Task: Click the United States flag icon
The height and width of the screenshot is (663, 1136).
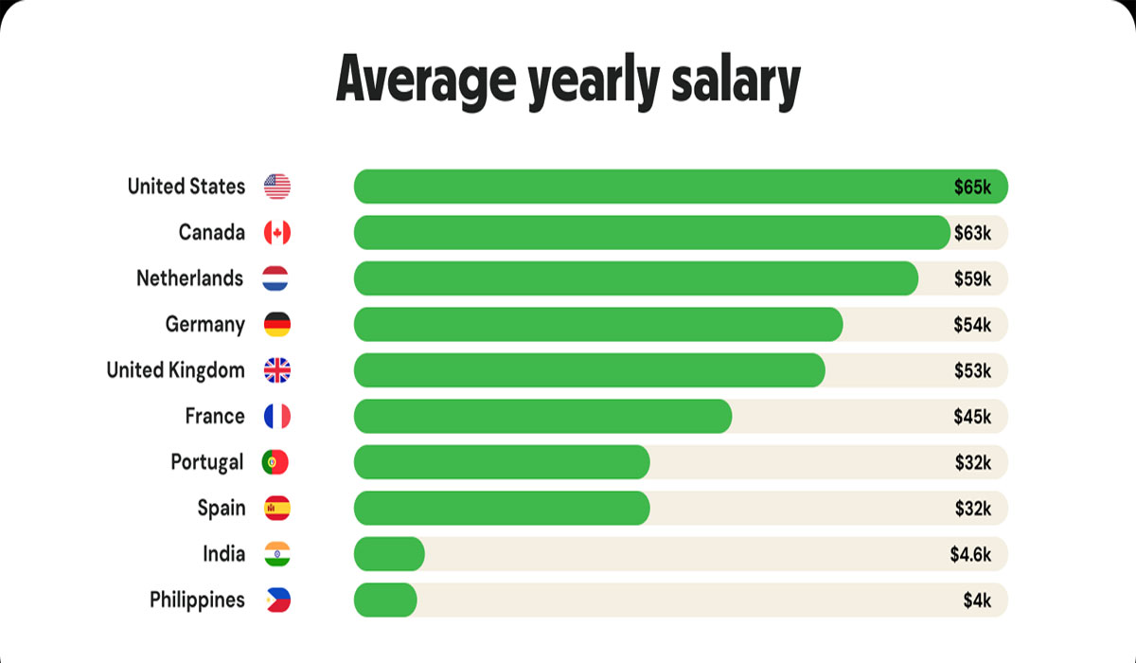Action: tap(277, 187)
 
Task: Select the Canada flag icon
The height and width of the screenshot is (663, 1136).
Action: tap(277, 233)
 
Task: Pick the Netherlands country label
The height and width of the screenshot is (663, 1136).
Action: tap(189, 278)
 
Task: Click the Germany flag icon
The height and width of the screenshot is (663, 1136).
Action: tap(277, 325)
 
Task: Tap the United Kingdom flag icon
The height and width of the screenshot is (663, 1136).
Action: tap(277, 370)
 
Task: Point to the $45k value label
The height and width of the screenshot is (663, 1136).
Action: tap(972, 417)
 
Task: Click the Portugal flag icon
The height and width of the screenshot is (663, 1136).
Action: tap(275, 462)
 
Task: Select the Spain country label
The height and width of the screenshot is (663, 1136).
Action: tap(221, 509)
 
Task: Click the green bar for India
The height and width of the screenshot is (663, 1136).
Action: tap(389, 554)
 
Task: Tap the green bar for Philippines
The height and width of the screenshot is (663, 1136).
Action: tap(385, 600)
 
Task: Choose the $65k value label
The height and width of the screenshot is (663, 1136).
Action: tap(972, 187)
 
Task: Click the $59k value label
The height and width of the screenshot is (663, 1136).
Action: tap(972, 278)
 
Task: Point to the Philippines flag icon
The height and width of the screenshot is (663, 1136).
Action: tap(277, 600)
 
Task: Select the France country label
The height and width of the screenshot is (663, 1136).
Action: tap(215, 417)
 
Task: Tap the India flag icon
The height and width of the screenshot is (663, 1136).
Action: tap(277, 554)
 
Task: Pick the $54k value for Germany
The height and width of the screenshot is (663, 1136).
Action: tap(972, 325)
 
